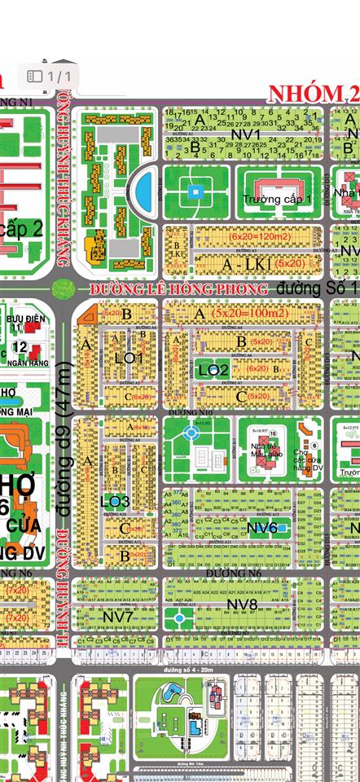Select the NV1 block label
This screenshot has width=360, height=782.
244,134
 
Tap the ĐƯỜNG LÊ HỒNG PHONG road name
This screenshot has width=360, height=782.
178,289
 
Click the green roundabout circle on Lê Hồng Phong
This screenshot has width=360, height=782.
62,288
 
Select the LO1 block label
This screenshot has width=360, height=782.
129,358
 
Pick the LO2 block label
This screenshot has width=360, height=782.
213,370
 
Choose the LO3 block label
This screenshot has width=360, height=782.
115,500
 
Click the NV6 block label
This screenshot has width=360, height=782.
262,528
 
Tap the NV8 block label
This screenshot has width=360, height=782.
242,604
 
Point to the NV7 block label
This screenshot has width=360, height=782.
119,617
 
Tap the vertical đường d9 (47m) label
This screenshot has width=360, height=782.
61,448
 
